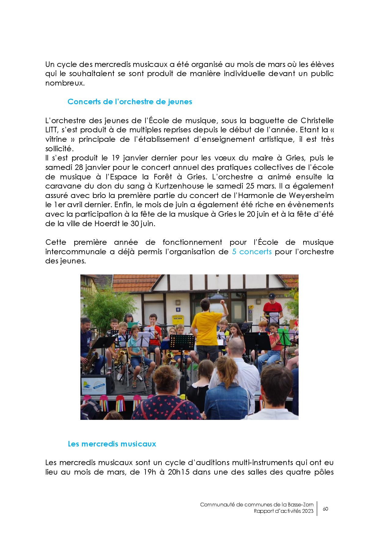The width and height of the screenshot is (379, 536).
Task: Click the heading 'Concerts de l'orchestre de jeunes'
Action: coord(130,102)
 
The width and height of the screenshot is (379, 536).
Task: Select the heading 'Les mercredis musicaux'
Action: coord(112,444)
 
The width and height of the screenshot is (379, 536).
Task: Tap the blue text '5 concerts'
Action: coord(252,252)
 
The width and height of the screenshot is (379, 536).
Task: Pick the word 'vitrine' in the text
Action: coord(56,139)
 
